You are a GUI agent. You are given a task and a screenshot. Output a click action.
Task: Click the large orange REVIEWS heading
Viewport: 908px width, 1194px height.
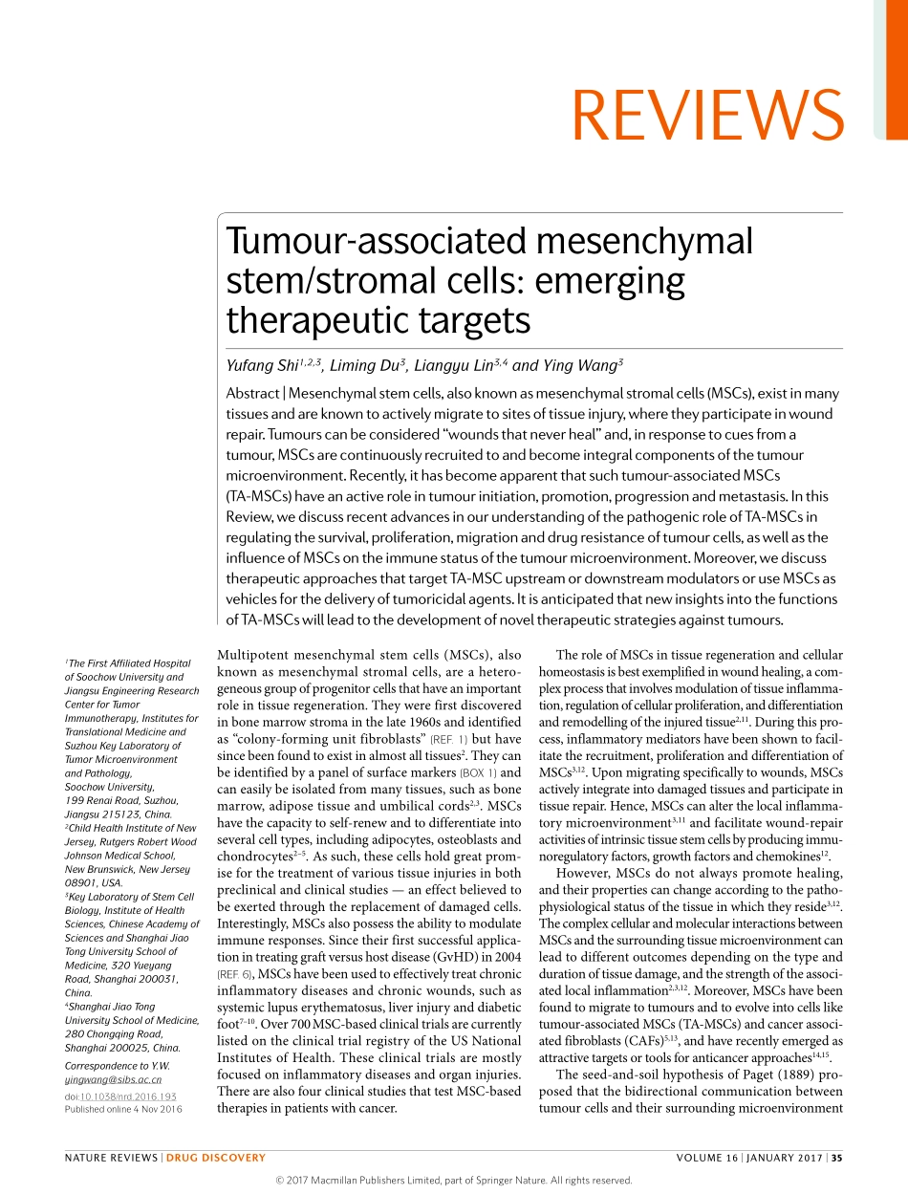pyautogui.click(x=707, y=114)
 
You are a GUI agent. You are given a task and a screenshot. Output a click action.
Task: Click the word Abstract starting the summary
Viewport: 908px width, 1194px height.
pyautogui.click(x=252, y=394)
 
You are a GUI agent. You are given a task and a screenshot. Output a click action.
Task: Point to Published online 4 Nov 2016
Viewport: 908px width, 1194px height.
pyautogui.click(x=122, y=1109)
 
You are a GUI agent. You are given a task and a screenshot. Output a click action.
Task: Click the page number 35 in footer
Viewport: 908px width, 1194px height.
pyautogui.click(x=836, y=1158)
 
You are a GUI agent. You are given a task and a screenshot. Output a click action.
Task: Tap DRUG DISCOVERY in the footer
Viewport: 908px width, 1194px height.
pyautogui.click(x=216, y=1158)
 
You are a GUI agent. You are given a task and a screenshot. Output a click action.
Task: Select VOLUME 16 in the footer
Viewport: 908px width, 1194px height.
pyautogui.click(x=706, y=1158)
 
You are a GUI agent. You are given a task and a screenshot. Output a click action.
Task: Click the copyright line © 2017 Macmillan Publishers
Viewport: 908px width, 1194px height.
pyautogui.click(x=453, y=1180)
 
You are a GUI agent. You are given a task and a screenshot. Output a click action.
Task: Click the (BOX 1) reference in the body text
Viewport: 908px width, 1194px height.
pyautogui.click(x=477, y=772)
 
